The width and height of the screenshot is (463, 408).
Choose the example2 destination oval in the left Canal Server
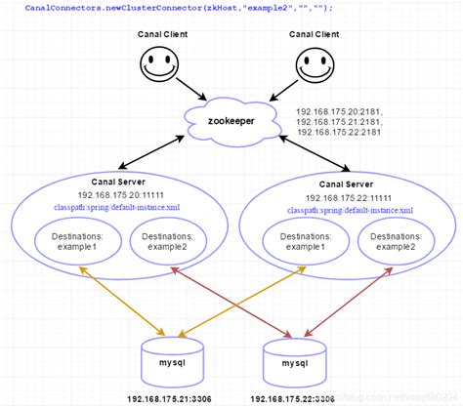click(x=168, y=242)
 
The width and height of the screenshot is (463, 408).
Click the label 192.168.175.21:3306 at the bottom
click(x=172, y=399)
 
